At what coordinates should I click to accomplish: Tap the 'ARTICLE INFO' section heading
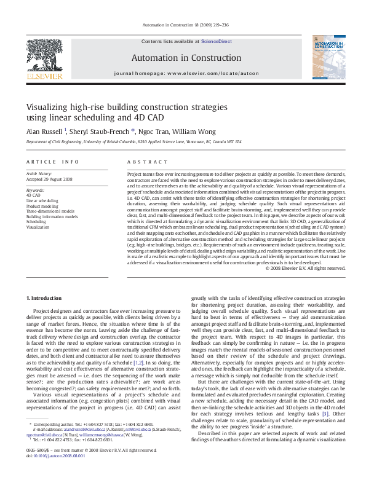52,162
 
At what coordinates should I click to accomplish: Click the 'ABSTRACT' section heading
143,162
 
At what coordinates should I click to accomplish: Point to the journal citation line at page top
183,25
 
